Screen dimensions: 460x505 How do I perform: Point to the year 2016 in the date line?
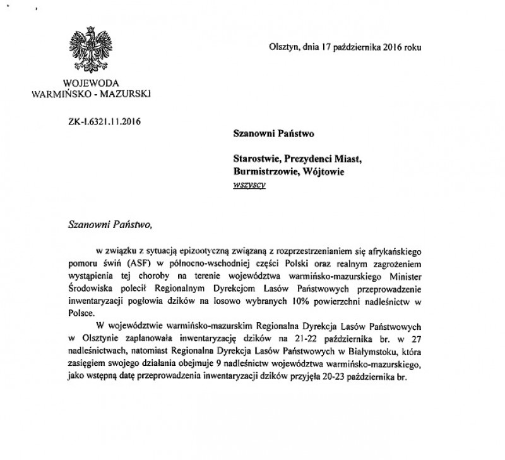click(x=379, y=47)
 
